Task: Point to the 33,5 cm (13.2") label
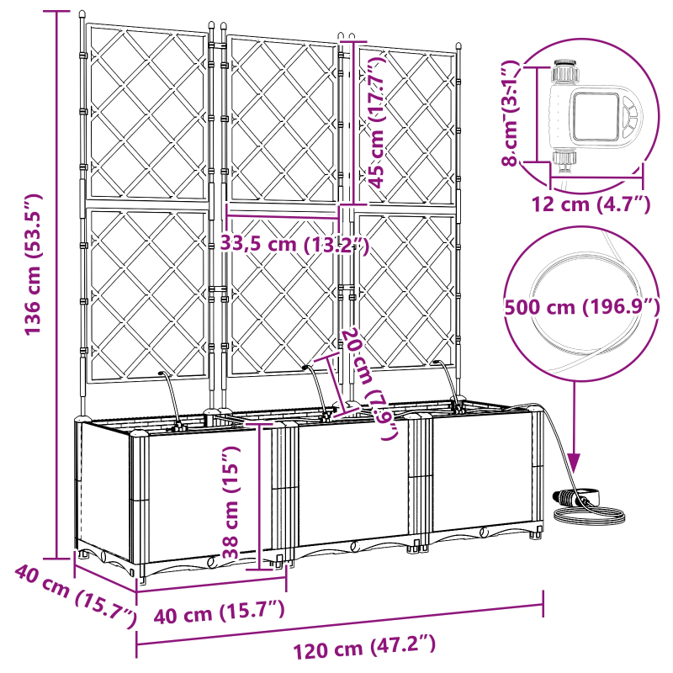click(x=294, y=245)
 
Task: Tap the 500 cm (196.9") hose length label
click(x=580, y=307)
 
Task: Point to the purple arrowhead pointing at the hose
click(x=575, y=462)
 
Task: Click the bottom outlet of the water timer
click(x=563, y=158)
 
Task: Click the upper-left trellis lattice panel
click(x=148, y=114)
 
